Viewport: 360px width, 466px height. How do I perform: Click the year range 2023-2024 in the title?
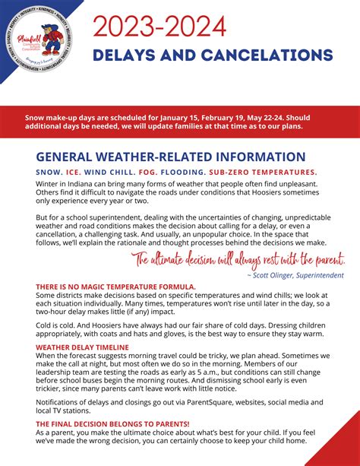pos(159,27)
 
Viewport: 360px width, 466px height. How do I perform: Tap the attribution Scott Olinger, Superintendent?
pos(295,274)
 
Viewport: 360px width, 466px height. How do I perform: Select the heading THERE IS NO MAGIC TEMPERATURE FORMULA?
pos(115,287)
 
